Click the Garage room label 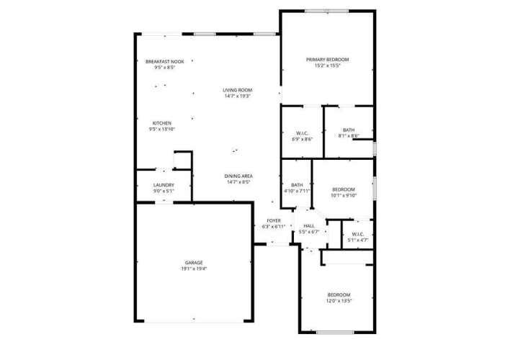click(194, 263)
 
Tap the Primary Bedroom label click(327, 60)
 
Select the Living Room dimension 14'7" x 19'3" click(237, 96)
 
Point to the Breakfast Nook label click(164, 61)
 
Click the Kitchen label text click(162, 123)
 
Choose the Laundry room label click(164, 185)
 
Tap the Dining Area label click(238, 176)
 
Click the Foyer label click(274, 221)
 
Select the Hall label click(309, 226)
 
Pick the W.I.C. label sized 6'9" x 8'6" click(302, 133)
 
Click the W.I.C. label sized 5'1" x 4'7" click(358, 235)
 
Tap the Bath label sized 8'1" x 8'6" click(349, 130)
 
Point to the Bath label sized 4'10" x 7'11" click(297, 185)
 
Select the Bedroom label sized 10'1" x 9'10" click(344, 189)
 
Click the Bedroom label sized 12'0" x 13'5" click(339, 295)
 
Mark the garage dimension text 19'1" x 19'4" click(194, 269)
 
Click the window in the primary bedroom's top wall click(326, 11)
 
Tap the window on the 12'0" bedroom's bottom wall click(335, 333)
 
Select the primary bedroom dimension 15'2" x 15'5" click(327, 66)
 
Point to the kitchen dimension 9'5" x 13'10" click(162, 130)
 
